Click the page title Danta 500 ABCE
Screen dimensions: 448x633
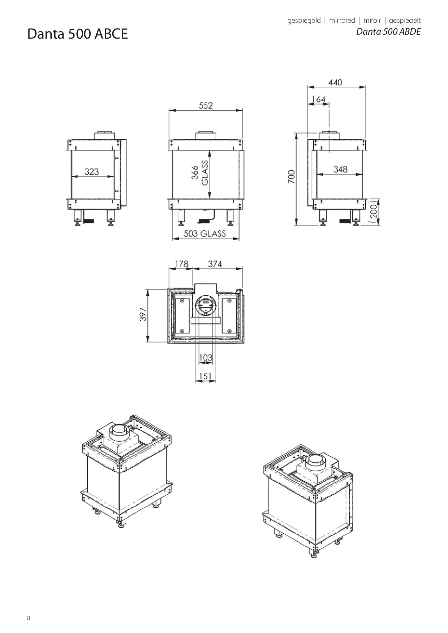[78, 34]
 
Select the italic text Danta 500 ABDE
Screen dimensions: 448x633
[388, 31]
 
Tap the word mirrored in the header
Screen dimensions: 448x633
[342, 21]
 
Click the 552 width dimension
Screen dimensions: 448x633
[206, 105]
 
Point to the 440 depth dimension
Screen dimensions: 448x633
[335, 82]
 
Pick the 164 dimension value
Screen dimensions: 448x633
[319, 99]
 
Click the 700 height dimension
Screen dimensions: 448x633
[292, 177]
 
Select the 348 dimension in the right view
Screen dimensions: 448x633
[340, 169]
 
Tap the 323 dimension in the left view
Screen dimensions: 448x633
[92, 171]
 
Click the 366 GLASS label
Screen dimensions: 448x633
[200, 175]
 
